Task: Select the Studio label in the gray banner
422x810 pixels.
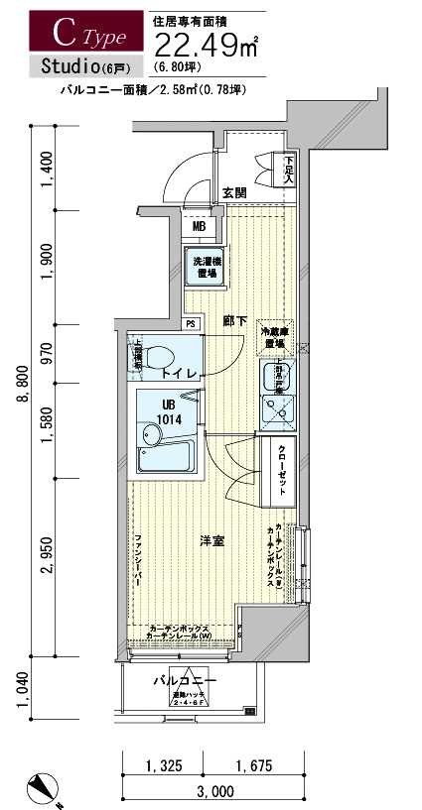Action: pos(70,67)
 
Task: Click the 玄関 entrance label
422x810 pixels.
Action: pos(234,191)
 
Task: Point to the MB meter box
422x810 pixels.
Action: pos(199,226)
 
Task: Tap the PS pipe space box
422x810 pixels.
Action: pos(191,323)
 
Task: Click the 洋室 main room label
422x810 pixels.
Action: pos(211,539)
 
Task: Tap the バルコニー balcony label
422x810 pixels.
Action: pos(186,682)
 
